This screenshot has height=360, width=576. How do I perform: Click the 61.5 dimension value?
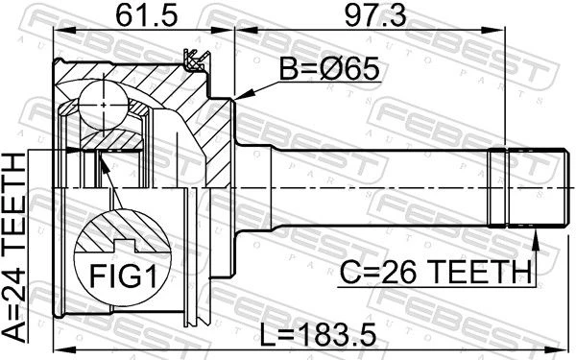146,16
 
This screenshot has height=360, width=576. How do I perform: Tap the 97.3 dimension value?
375,16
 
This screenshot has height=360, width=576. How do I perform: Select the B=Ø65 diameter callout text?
328,69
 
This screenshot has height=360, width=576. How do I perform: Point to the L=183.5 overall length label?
318,335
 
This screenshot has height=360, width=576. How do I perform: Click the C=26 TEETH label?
435,272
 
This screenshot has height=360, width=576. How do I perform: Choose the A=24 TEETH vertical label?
14,247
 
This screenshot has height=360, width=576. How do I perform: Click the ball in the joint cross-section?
104,106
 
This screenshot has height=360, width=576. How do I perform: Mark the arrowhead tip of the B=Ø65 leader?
235,99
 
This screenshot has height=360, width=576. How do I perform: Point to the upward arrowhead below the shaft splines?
536,235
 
